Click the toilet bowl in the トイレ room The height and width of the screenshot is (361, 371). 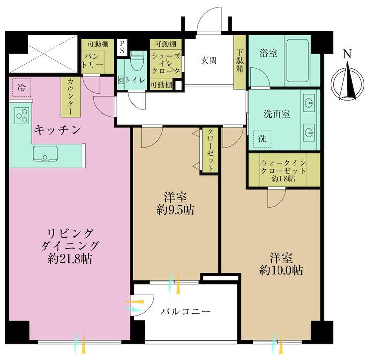point(137,61)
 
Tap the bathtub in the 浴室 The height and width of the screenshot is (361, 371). point(298,60)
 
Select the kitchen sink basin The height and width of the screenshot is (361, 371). point(45,153)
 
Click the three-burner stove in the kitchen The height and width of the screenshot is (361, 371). point(22,116)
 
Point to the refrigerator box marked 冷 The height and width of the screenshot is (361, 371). point(22,88)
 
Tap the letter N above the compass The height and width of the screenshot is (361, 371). point(347,54)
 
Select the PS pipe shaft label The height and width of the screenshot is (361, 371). point(122,47)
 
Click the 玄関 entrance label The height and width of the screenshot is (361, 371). point(209,60)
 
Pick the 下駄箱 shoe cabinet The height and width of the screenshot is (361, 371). point(240,62)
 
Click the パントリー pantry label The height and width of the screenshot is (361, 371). point(93,61)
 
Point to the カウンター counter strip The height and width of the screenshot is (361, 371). point(70,96)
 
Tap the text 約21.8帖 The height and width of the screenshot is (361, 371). point(70,259)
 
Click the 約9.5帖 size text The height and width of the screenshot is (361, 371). point(175,210)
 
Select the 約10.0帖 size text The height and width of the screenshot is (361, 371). point(281,270)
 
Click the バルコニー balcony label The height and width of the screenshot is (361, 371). point(185,312)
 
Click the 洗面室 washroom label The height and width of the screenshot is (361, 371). point(277,114)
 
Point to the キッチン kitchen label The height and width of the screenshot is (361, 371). point(57,130)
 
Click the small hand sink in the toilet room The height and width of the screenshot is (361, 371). point(122,80)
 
